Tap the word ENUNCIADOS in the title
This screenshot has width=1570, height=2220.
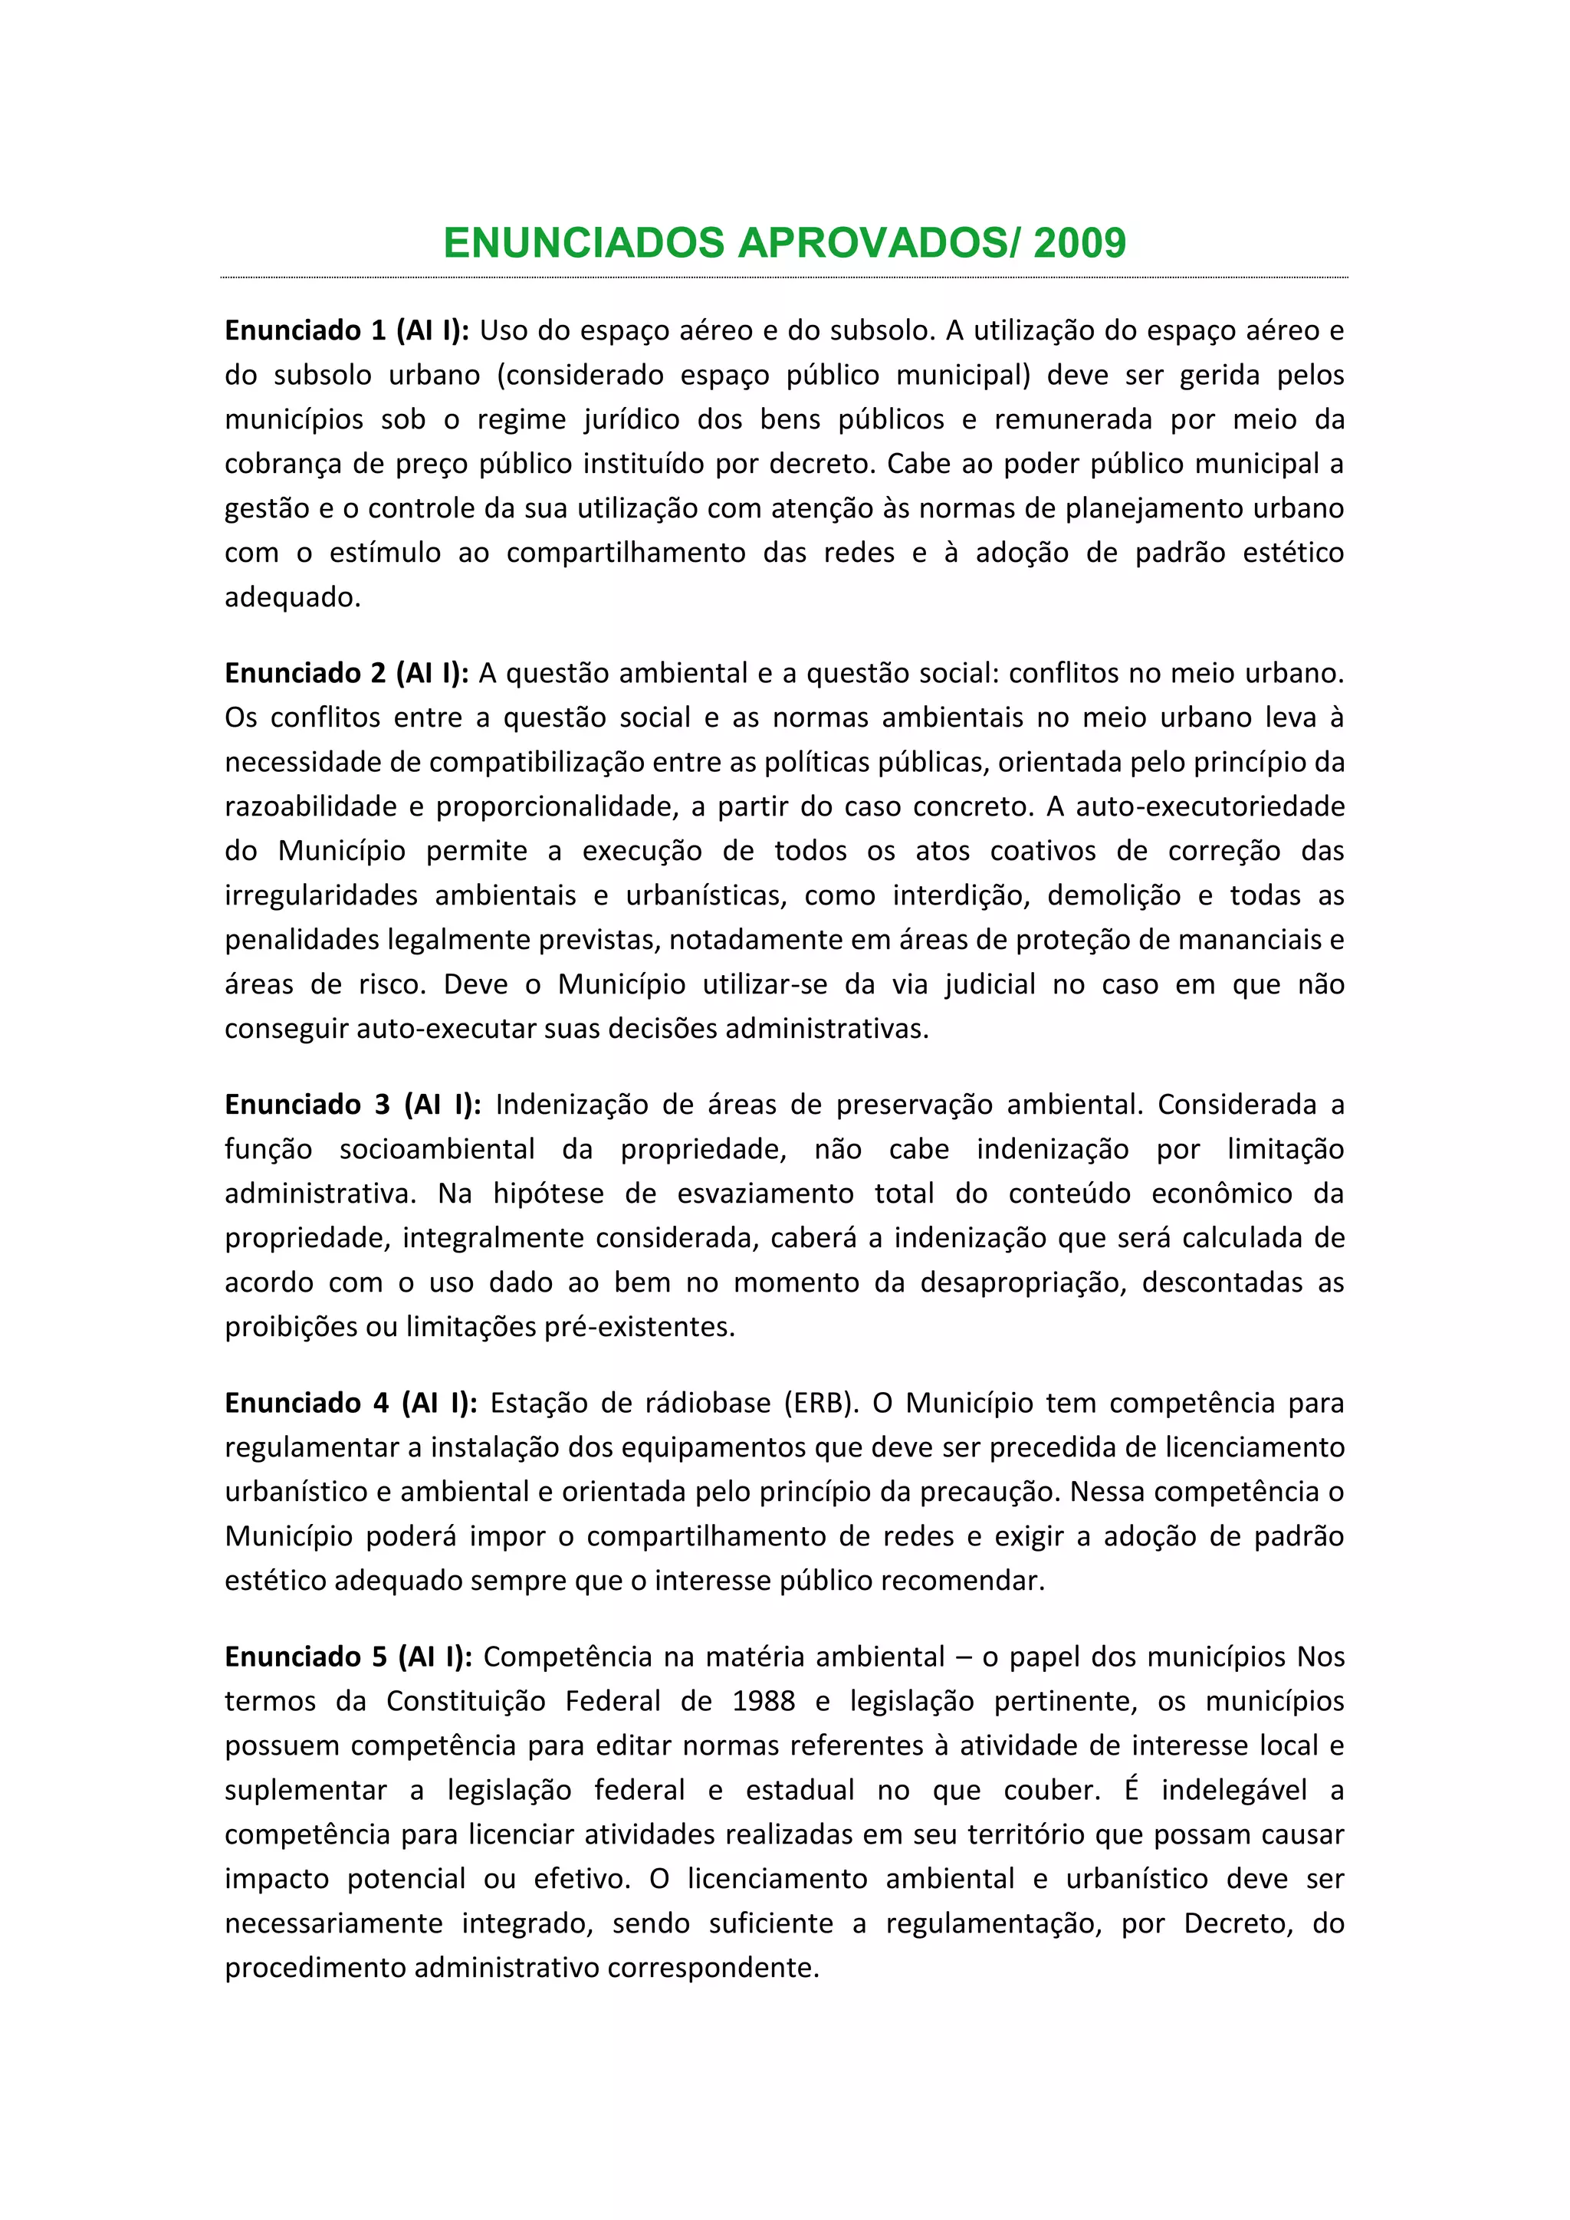[x=584, y=243]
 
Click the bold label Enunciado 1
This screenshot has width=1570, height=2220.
[x=307, y=330]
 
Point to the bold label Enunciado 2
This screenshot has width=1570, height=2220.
[x=307, y=673]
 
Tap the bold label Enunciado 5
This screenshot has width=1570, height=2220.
[x=307, y=1657]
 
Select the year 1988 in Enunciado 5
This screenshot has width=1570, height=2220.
[x=764, y=1701]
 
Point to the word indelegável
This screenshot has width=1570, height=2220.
[x=1234, y=1790]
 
